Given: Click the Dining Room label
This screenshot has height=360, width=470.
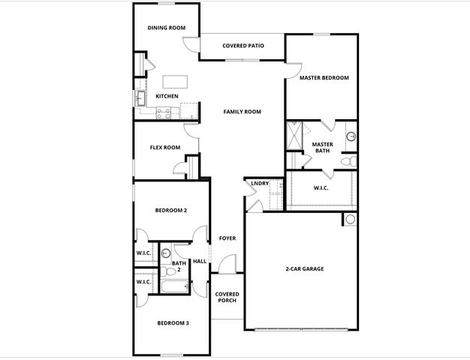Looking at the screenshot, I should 166,28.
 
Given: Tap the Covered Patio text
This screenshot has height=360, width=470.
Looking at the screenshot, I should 243,46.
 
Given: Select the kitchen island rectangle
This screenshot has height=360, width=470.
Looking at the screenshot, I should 175,81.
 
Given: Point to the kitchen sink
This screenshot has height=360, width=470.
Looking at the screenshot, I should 140,97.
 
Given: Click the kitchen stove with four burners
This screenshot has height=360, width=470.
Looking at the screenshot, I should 162,113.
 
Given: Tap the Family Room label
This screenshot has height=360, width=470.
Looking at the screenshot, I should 242,112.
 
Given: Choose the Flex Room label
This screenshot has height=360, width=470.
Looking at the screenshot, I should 165,147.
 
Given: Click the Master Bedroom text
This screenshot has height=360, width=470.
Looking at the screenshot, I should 324,77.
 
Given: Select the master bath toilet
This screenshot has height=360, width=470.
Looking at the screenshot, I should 348,160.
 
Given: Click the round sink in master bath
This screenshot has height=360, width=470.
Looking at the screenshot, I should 351,136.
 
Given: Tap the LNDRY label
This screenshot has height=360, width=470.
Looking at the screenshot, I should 260,183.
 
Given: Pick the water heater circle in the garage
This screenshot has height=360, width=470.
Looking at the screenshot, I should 349,220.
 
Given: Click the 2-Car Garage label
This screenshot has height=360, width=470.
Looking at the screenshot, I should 304,268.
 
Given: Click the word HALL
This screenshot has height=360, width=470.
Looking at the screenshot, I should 200,262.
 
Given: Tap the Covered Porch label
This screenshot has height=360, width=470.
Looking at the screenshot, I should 226,297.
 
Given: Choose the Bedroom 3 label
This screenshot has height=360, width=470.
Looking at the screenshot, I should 173,322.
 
